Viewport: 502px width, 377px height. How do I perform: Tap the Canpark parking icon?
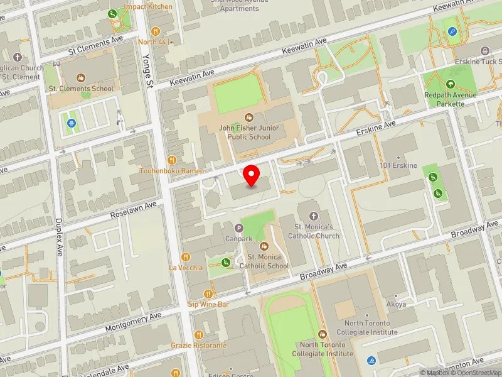[238, 228]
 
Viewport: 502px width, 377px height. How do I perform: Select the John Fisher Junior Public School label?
[249, 133]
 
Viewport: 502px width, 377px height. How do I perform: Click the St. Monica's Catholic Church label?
[313, 231]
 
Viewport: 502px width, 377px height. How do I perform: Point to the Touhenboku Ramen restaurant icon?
[171, 160]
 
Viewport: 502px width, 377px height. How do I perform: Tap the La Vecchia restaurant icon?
[185, 256]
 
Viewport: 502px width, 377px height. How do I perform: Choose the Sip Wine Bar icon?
[208, 293]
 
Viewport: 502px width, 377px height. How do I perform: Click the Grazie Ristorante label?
[198, 346]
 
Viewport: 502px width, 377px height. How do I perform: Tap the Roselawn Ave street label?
[132, 210]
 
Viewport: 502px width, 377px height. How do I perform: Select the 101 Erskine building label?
[398, 165]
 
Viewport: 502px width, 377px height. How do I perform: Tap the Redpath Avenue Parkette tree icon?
[450, 84]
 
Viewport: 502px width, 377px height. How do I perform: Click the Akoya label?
[396, 304]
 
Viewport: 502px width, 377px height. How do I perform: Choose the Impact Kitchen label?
[148, 6]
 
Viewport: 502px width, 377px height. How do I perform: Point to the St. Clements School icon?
[80, 78]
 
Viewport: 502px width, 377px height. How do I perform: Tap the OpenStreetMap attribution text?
[475, 373]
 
